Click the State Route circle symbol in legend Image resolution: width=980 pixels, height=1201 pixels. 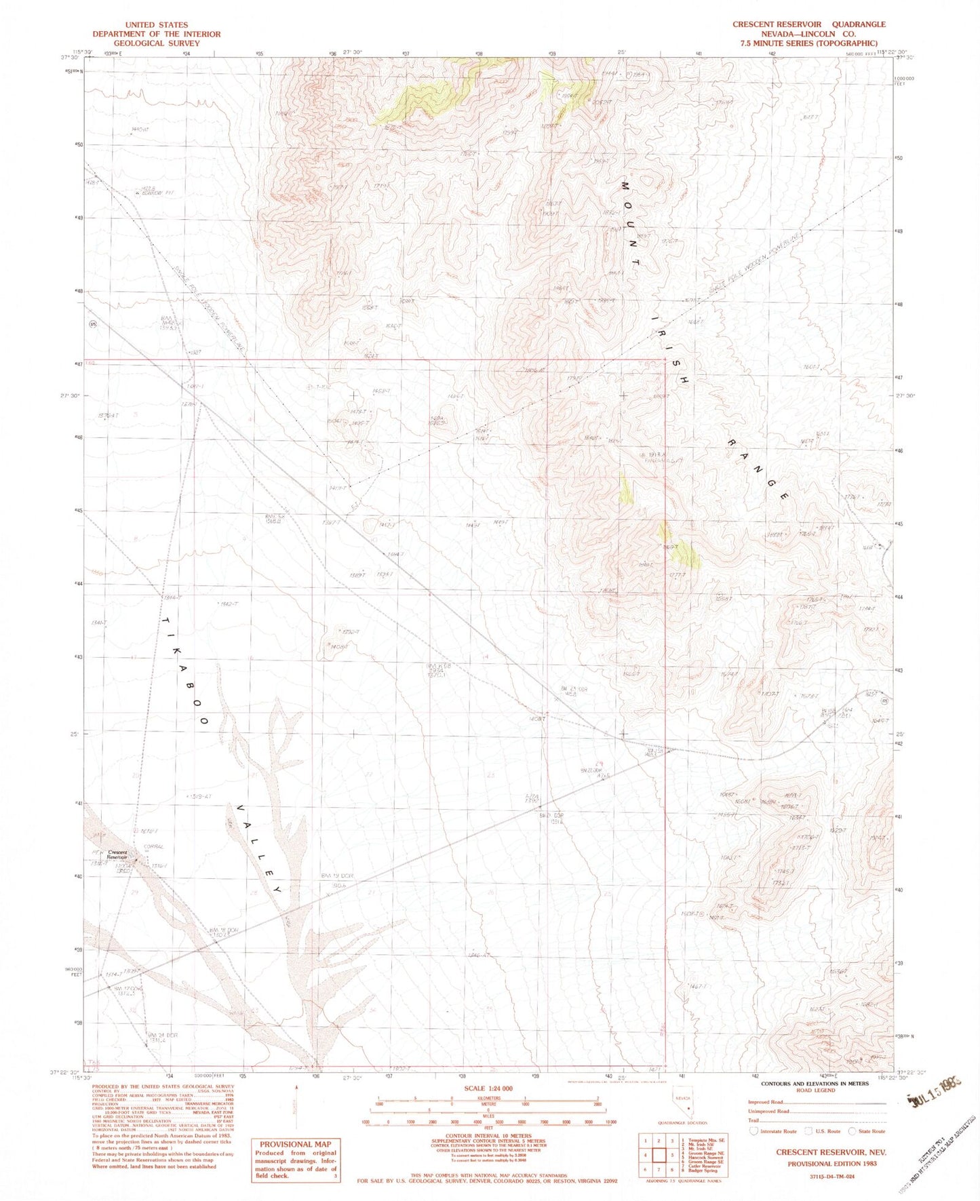pyautogui.click(x=852, y=1131)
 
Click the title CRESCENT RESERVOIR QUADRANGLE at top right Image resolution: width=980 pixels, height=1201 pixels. pyautogui.click(x=808, y=24)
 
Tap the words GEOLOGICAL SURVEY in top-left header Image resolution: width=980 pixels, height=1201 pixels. pyautogui.click(x=157, y=43)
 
